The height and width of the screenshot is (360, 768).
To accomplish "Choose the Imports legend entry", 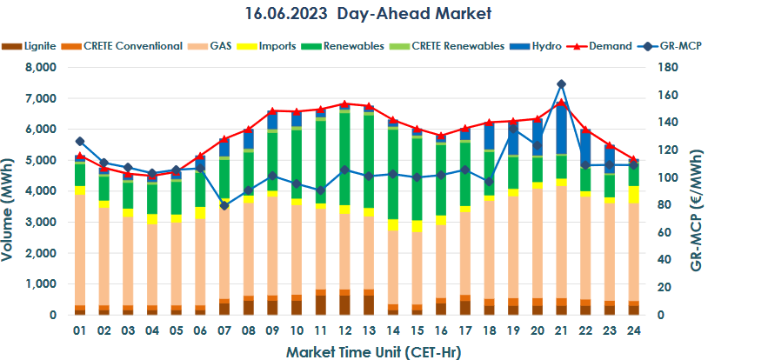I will pyautogui.click(x=277, y=46).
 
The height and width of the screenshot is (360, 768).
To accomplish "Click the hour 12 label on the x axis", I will pyautogui.click(x=344, y=331).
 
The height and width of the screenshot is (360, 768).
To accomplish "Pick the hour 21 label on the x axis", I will pyautogui.click(x=561, y=331).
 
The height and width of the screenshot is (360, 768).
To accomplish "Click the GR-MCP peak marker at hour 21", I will pyautogui.click(x=561, y=84).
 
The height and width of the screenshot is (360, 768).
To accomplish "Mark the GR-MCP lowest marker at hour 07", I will pyautogui.click(x=224, y=205).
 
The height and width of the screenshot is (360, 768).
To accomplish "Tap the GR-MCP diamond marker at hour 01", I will pyautogui.click(x=80, y=141).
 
